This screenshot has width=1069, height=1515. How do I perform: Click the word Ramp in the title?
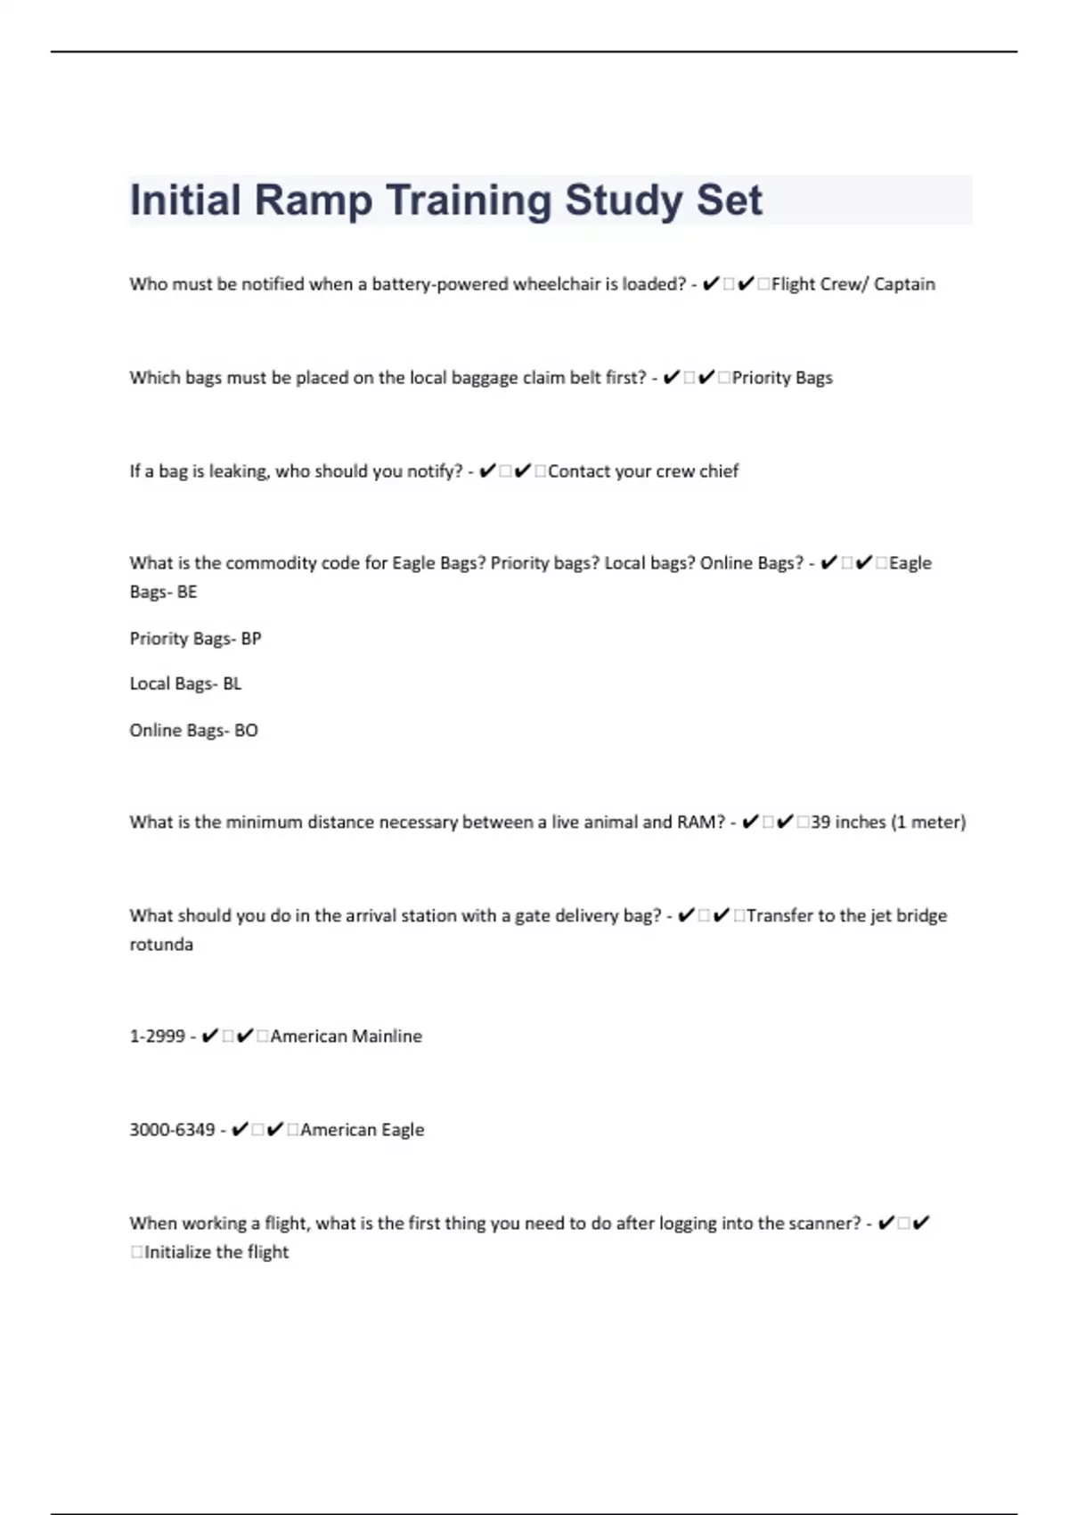pos(313,201)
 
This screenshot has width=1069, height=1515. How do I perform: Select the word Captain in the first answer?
pos(904,284)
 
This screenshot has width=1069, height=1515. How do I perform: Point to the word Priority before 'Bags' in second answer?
pos(761,378)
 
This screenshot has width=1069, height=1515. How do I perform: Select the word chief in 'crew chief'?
pos(719,471)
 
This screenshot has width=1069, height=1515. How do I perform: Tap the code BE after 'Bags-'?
pos(187,592)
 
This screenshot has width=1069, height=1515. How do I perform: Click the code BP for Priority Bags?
pos(251,639)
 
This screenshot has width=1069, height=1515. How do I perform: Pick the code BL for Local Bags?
pos(232,684)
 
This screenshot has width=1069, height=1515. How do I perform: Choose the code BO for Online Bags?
pos(246,731)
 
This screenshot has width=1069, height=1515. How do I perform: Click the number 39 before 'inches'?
pos(820,823)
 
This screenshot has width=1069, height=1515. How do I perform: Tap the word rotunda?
pos(161,945)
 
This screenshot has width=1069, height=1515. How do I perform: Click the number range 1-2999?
pos(157,1036)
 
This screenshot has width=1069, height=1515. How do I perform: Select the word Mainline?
pos(387,1036)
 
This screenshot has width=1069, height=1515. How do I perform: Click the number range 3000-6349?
pos(172,1130)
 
